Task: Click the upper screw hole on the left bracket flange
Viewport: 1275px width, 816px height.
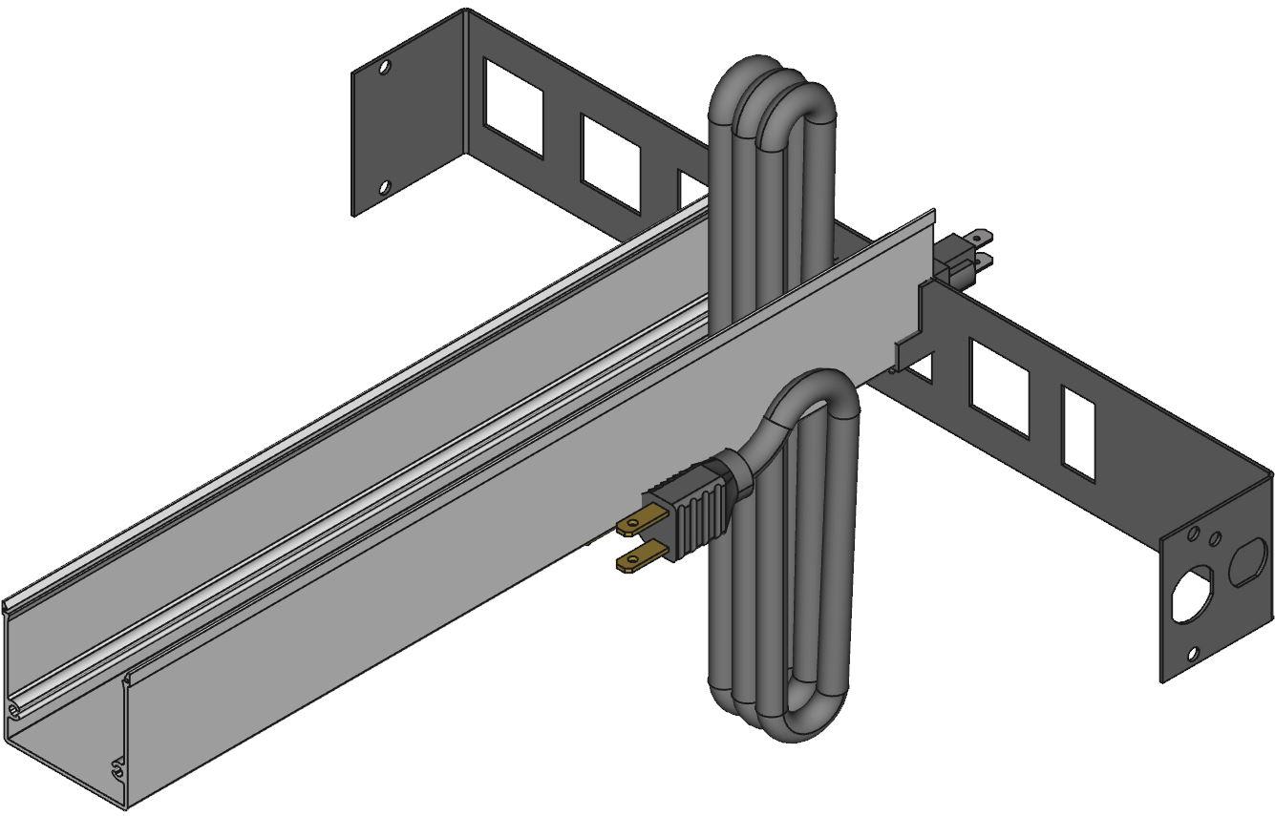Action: click(x=385, y=68)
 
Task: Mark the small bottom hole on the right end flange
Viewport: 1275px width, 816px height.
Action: click(x=1192, y=654)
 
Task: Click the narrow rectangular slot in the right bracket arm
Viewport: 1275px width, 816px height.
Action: click(x=1078, y=432)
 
